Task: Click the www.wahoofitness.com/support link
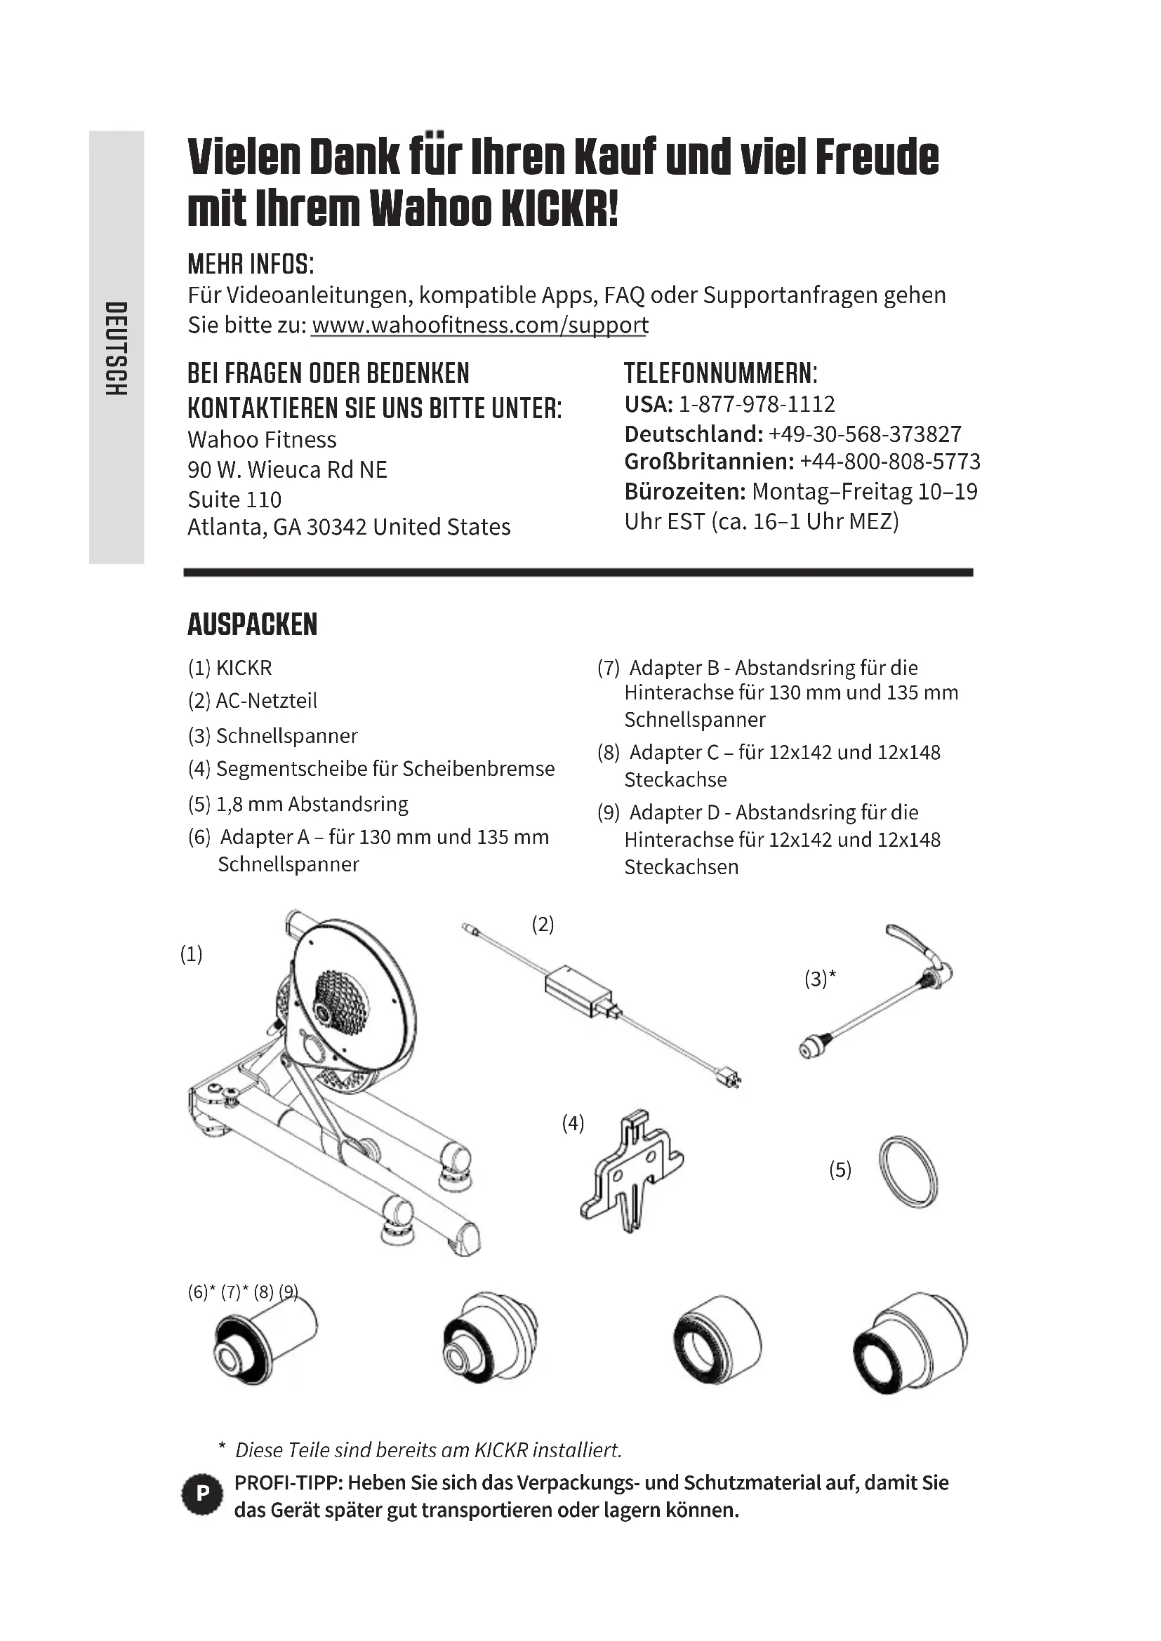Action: click(479, 326)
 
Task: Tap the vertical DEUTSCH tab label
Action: click(116, 348)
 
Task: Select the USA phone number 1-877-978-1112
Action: click(756, 405)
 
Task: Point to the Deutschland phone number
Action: click(864, 434)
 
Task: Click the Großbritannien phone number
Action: click(889, 462)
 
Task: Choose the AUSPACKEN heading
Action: click(253, 624)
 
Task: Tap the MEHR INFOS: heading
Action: click(250, 264)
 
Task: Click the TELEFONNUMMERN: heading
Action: click(720, 373)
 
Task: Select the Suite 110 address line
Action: click(234, 499)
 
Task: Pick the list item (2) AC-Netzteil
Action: click(253, 700)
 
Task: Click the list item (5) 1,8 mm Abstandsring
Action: click(298, 804)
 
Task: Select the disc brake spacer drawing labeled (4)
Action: click(631, 1178)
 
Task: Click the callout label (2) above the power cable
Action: click(543, 924)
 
